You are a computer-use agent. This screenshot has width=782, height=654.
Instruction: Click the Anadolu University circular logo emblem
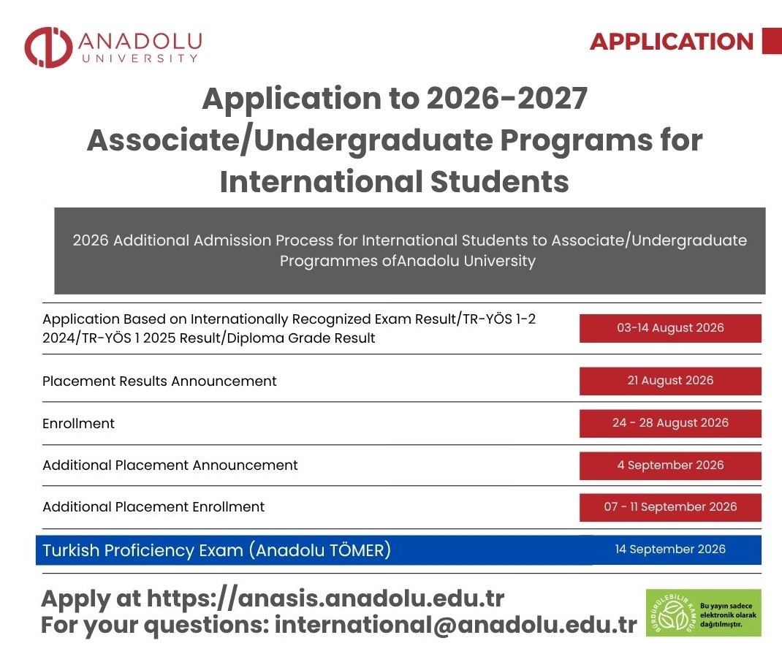tap(48, 47)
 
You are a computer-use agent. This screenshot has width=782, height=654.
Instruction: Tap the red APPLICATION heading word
tap(672, 42)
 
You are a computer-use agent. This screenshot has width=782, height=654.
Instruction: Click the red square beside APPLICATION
tap(772, 41)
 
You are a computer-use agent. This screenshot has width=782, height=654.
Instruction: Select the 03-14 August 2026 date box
tap(670, 328)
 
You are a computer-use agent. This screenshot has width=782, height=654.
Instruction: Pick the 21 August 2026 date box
tap(670, 381)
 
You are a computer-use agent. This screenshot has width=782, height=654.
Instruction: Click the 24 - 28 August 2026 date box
tap(670, 423)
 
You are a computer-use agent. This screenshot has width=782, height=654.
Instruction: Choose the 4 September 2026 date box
tap(670, 465)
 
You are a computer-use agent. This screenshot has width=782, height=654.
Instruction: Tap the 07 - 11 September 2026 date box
tap(670, 507)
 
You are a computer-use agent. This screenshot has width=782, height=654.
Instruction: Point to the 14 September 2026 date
tap(670, 550)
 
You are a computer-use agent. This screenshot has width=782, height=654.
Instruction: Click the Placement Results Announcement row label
tap(159, 381)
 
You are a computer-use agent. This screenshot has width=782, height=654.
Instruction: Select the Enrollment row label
tap(78, 424)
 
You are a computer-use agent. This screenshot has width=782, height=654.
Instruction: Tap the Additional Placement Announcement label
tap(170, 465)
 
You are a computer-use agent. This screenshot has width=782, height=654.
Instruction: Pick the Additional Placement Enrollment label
tap(153, 507)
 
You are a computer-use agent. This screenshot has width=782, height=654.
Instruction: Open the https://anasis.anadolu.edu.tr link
tap(326, 598)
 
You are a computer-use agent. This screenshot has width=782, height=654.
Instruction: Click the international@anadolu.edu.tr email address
tap(456, 625)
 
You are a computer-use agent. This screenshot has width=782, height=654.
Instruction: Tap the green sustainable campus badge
tap(704, 612)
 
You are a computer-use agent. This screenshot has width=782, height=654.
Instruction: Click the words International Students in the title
tap(395, 181)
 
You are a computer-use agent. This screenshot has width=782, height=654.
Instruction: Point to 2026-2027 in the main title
tap(507, 98)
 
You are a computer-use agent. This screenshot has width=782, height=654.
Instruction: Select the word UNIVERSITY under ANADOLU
tap(140, 58)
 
